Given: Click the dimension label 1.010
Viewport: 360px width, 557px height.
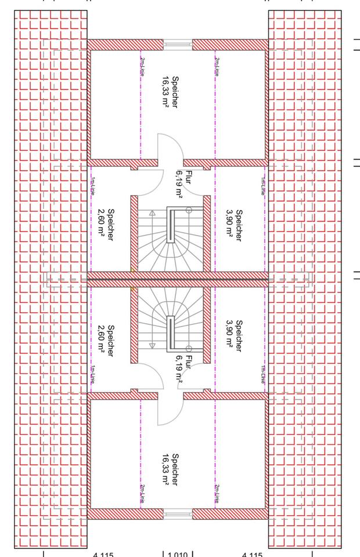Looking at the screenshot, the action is click(x=177, y=554).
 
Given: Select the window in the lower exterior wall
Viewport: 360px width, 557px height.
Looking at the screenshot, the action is click(x=177, y=513).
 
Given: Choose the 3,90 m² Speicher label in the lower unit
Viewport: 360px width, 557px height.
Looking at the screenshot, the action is click(x=235, y=335).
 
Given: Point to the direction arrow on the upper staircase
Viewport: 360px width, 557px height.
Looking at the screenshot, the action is click(x=152, y=214).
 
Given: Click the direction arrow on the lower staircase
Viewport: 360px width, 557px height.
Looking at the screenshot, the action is click(x=152, y=345).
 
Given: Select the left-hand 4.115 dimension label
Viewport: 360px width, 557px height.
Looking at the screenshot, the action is click(x=103, y=554).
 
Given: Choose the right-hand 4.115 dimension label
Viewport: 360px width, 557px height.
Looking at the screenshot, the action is click(x=251, y=554).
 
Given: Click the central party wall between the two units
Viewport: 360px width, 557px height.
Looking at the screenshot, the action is click(x=177, y=279).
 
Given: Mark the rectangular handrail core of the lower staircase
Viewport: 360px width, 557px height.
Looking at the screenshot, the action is click(x=171, y=334).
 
